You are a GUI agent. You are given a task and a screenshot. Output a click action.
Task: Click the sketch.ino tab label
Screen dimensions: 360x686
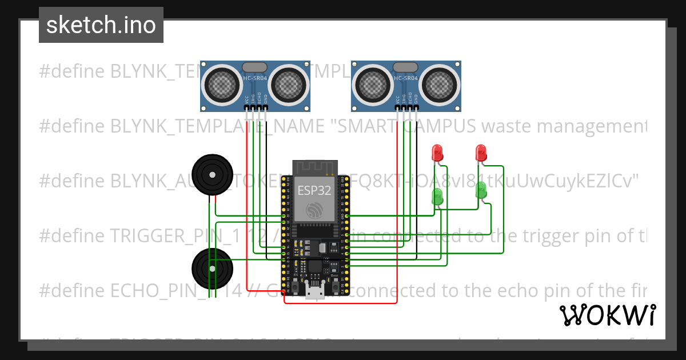tap(101, 25)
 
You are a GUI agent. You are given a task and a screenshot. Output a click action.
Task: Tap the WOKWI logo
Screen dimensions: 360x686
tap(607, 315)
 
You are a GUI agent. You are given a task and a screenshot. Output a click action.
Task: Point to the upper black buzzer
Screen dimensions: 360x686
tap(213, 174)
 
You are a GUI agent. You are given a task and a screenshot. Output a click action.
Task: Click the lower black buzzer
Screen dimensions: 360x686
tap(213, 267)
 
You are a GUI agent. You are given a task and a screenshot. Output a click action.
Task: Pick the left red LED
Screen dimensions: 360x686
tap(437, 152)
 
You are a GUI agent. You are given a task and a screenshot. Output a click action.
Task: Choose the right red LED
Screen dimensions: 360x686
tap(481, 152)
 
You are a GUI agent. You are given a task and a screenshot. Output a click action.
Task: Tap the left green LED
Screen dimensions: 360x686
tap(437, 197)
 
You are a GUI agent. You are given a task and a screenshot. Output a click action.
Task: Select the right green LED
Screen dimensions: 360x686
tap(481, 189)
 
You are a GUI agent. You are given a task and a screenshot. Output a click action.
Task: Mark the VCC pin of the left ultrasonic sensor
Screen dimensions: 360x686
tap(248, 107)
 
